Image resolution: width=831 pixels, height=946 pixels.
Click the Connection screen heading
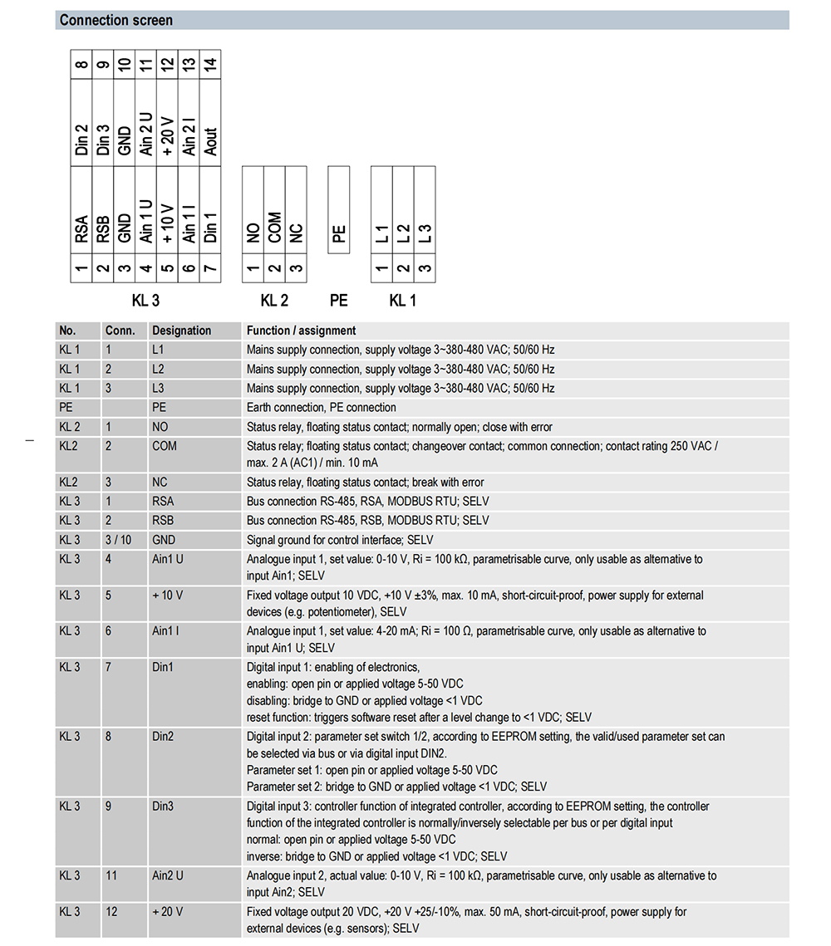[x=116, y=20]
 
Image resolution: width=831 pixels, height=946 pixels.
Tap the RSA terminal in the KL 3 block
[x=81, y=229]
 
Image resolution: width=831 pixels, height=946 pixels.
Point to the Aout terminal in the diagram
[x=210, y=141]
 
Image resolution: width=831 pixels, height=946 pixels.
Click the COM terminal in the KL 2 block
[x=274, y=227]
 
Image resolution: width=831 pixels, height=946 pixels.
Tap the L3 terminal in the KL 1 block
[x=425, y=233]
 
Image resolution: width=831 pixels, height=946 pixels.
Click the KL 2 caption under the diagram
[x=274, y=301]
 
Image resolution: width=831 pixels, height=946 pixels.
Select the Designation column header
[x=181, y=331]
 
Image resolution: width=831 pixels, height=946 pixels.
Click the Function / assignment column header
[x=301, y=331]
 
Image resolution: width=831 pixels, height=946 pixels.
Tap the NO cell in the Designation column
[x=160, y=427]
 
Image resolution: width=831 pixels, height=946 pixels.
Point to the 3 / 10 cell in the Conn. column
[x=119, y=540]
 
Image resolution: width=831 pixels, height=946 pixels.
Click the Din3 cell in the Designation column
[x=163, y=806]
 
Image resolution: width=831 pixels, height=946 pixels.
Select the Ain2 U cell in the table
[x=168, y=875]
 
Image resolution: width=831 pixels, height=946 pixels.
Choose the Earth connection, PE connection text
[x=321, y=408]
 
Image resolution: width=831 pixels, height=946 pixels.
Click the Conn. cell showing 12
[x=111, y=912]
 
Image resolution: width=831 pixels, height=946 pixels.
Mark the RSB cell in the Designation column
[x=163, y=521]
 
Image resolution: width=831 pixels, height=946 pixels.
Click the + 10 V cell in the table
[x=168, y=596]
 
